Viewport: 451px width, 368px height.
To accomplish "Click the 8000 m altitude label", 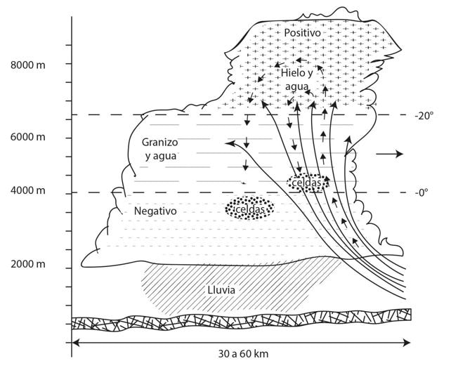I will (28, 65).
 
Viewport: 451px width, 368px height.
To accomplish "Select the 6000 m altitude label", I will (28, 137).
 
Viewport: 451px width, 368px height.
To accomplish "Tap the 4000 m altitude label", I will (28, 190).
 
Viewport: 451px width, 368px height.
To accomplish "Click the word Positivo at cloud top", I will (302, 33).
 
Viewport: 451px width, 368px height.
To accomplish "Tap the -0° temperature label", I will (421, 192).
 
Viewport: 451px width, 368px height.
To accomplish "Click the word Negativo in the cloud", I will (155, 211).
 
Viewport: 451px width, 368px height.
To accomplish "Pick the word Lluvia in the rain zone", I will (221, 289).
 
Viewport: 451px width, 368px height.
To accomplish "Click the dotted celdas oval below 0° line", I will (249, 209).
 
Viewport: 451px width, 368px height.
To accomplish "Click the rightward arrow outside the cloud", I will (390, 154).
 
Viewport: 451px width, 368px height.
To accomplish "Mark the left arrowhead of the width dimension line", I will (74, 343).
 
